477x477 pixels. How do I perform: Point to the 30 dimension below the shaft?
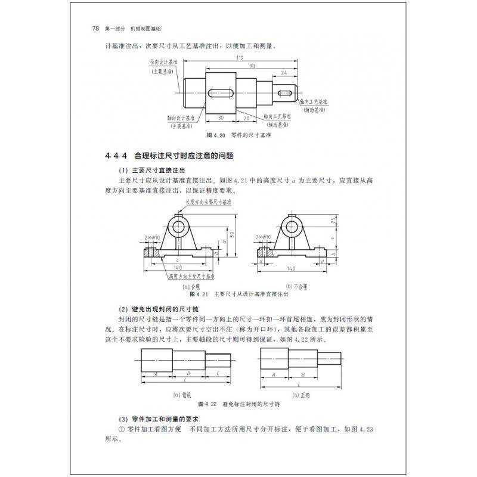click(x=221, y=117)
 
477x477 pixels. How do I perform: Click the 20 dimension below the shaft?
click(x=247, y=117)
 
